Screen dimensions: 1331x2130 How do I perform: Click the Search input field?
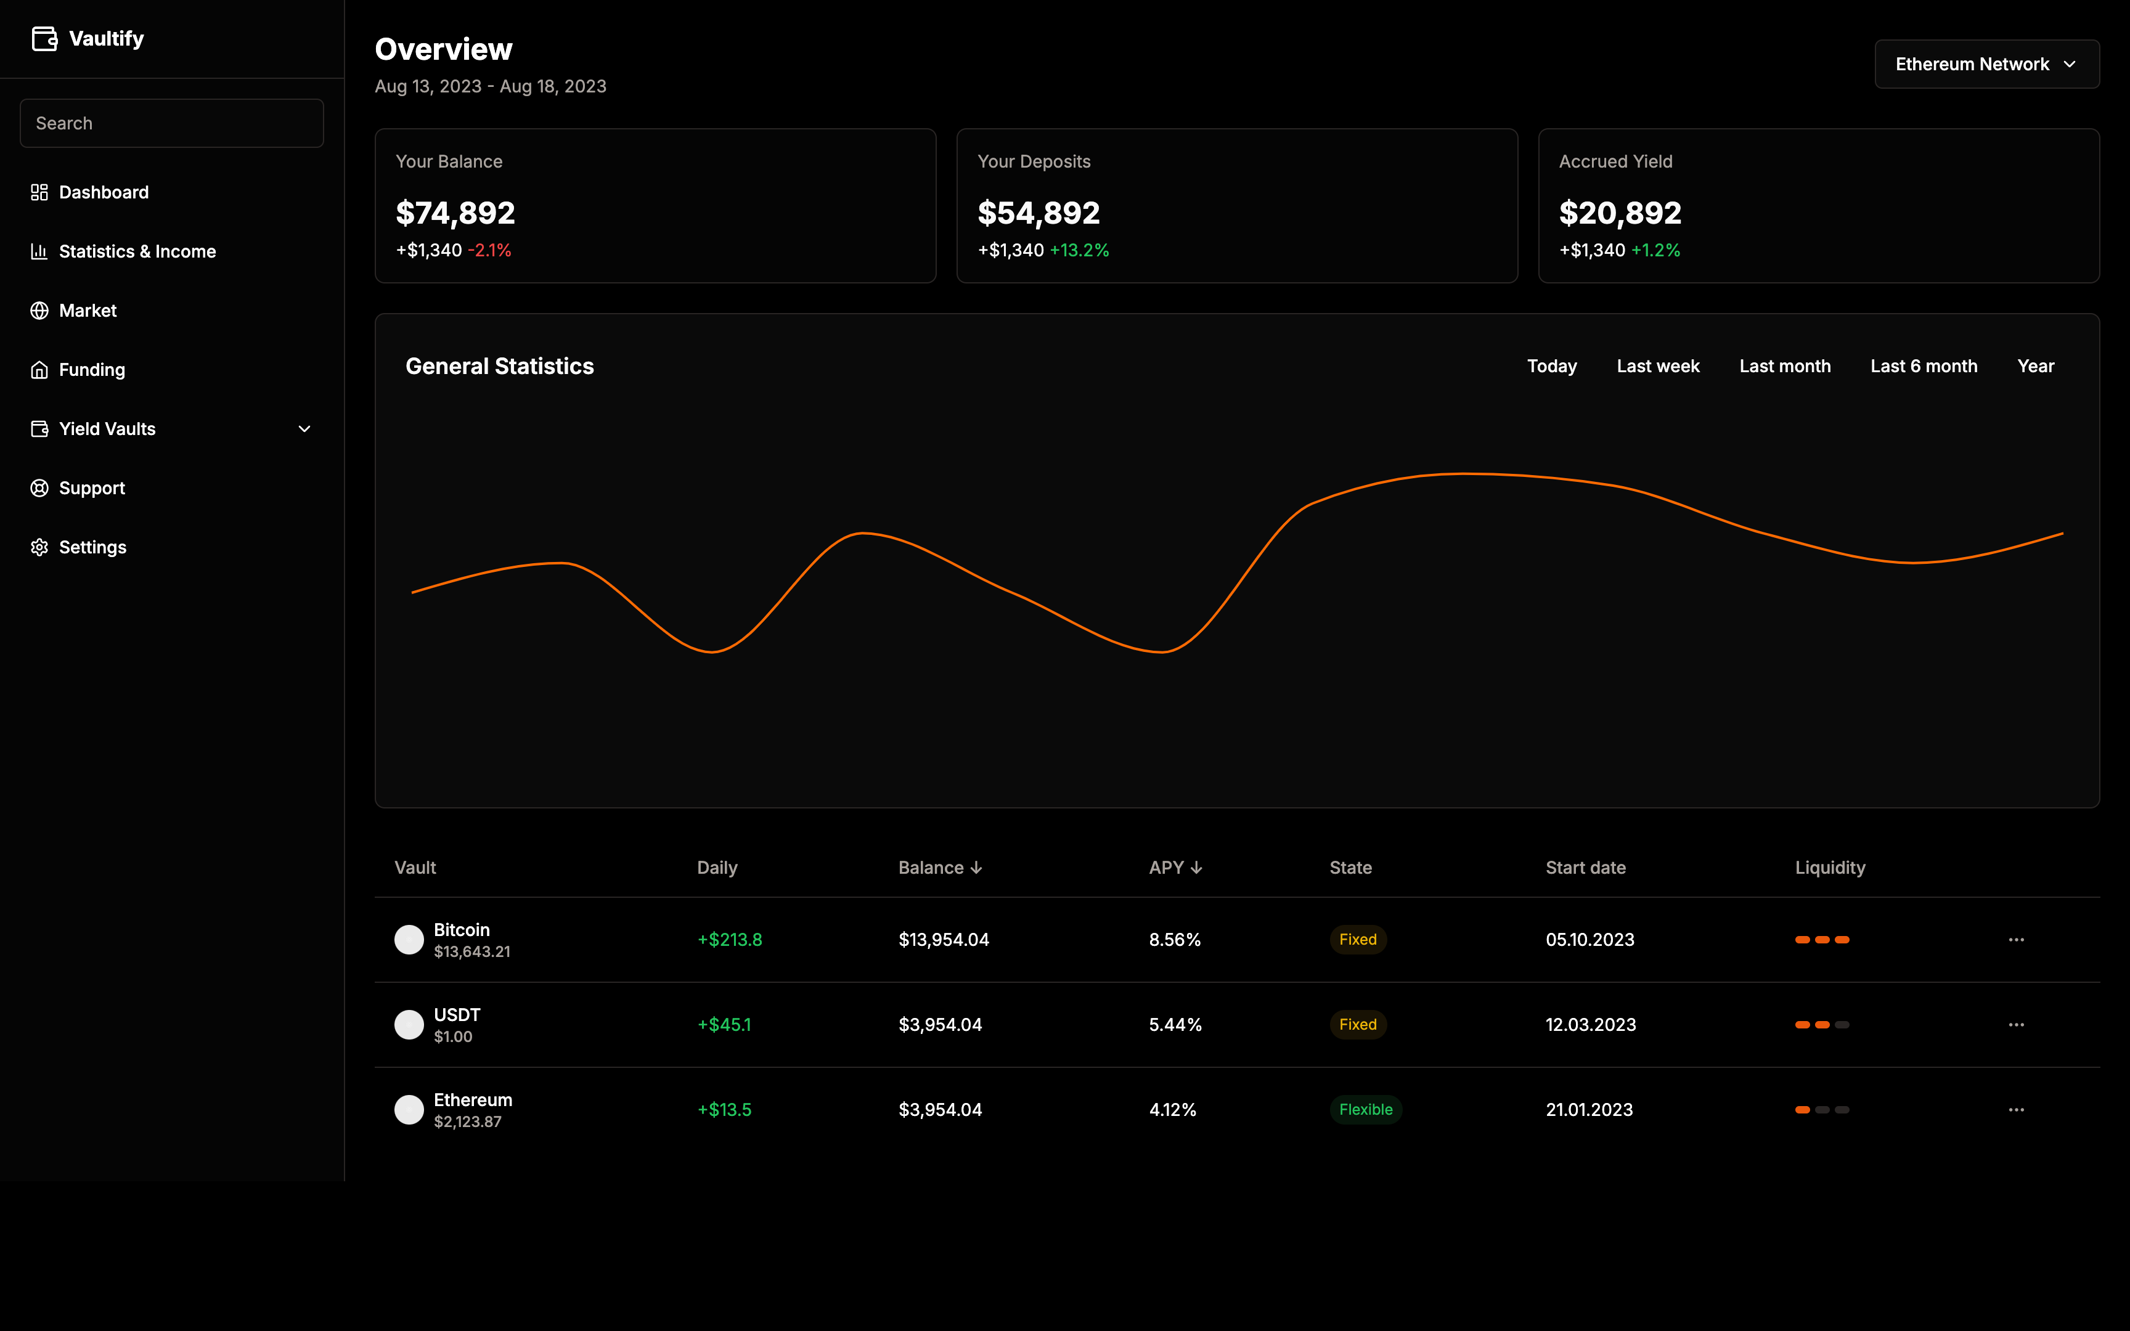[171, 123]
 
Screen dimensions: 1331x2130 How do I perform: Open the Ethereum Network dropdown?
[1986, 64]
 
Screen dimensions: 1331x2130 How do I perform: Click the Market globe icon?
[39, 311]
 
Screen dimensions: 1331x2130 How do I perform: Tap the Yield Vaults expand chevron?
[304, 429]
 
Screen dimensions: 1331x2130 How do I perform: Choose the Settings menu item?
[92, 548]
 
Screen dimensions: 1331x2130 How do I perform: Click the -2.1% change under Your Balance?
[489, 251]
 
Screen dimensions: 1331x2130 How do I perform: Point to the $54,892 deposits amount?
[1038, 213]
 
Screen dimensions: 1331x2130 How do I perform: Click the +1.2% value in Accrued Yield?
[1655, 251]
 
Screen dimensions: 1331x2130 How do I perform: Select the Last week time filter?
[1657, 366]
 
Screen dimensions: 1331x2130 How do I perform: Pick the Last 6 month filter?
[1923, 366]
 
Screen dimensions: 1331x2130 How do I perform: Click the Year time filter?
[2035, 366]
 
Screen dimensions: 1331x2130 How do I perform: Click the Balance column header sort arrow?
[976, 868]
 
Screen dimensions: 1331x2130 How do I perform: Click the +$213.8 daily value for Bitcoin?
[730, 940]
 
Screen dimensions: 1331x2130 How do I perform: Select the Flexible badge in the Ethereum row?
[1365, 1110]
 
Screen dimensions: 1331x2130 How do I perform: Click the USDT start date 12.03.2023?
[1591, 1025]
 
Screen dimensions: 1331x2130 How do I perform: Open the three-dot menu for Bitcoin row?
[2015, 940]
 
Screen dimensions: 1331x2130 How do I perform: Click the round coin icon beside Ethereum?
[409, 1110]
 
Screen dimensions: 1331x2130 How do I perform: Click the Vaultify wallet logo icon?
[44, 39]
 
